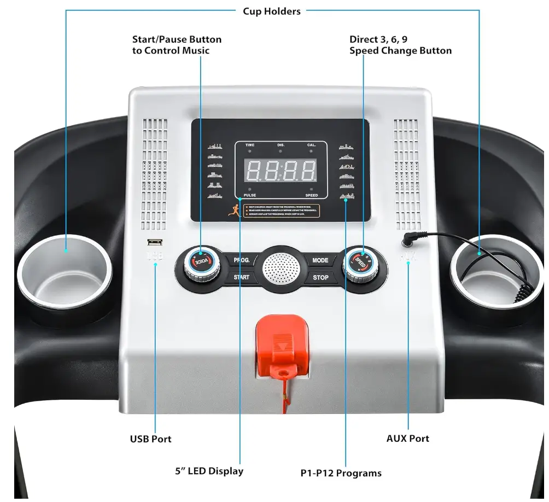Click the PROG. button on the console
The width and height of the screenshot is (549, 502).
coord(242,260)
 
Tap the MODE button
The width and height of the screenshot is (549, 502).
coord(320,260)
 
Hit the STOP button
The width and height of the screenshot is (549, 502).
coord(320,277)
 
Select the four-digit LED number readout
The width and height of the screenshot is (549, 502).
coord(281,171)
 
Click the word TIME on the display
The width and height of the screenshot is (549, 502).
coord(249,145)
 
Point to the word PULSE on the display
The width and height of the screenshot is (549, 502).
coord(249,195)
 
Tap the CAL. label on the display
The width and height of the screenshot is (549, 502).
coord(312,145)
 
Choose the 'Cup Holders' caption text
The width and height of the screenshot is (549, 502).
coord(272,11)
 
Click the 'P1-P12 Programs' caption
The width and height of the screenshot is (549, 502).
coord(341,473)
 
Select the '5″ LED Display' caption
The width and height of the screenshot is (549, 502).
coord(209,470)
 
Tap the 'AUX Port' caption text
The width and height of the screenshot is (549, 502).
coord(407,438)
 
